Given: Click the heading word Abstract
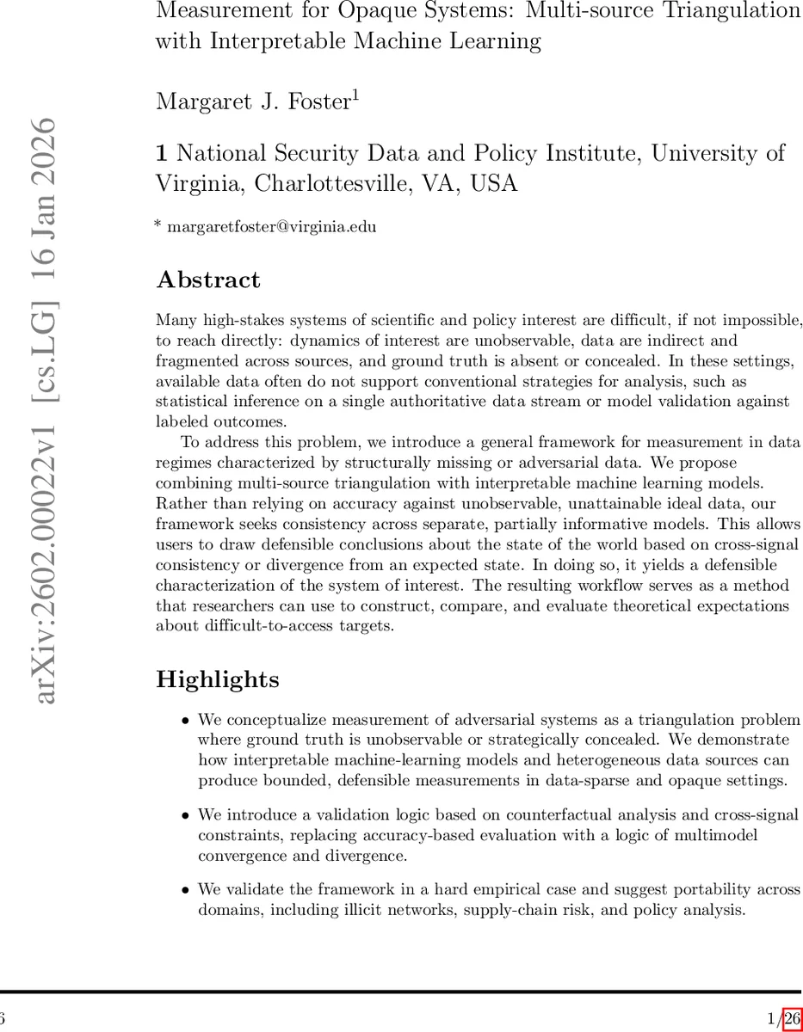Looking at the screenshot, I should (x=207, y=280).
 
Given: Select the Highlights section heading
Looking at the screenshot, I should (x=217, y=679).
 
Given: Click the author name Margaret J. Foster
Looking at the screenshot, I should (x=251, y=101).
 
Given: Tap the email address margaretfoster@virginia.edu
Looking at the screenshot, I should (x=271, y=227).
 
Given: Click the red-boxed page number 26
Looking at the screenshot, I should (x=792, y=1019).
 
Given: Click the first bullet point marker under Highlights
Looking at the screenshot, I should (x=186, y=720).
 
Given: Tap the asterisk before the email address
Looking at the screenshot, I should (x=158, y=225).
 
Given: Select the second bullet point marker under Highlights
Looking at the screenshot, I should (x=186, y=814).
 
